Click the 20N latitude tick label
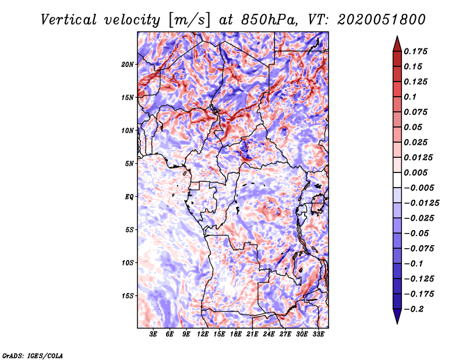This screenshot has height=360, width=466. (128, 65)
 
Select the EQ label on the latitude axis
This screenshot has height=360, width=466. (129, 197)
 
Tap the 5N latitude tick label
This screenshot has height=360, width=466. (129, 164)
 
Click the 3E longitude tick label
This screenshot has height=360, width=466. (153, 334)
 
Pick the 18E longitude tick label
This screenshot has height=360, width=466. (236, 334)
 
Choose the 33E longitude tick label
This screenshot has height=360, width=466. (318, 334)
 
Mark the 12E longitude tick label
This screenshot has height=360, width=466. (203, 334)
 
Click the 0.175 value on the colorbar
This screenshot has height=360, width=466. (415, 51)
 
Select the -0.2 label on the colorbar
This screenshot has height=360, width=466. (414, 309)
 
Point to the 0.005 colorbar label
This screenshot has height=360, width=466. (415, 172)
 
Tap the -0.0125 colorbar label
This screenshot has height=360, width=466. (421, 203)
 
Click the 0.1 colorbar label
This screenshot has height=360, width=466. (410, 97)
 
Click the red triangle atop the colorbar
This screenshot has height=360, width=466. (397, 44)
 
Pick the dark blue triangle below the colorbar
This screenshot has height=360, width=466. (397, 316)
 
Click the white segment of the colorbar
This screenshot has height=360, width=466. (397, 180)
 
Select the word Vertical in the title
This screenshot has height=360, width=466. (69, 20)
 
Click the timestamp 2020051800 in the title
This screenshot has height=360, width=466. (382, 20)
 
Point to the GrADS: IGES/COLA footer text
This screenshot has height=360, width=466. (33, 355)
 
